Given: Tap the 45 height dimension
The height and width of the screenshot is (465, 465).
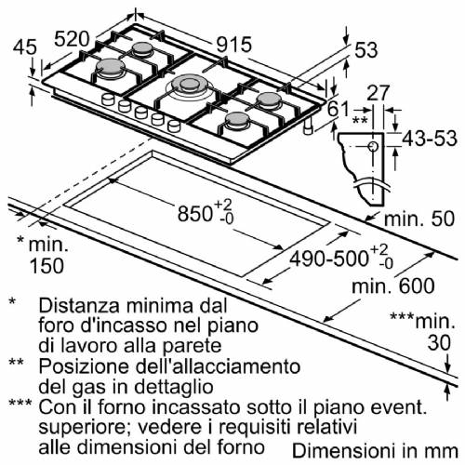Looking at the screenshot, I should (26, 46).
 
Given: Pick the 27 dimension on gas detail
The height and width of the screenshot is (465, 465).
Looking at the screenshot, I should (376, 92).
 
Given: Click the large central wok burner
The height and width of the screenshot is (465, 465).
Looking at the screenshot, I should (190, 90).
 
